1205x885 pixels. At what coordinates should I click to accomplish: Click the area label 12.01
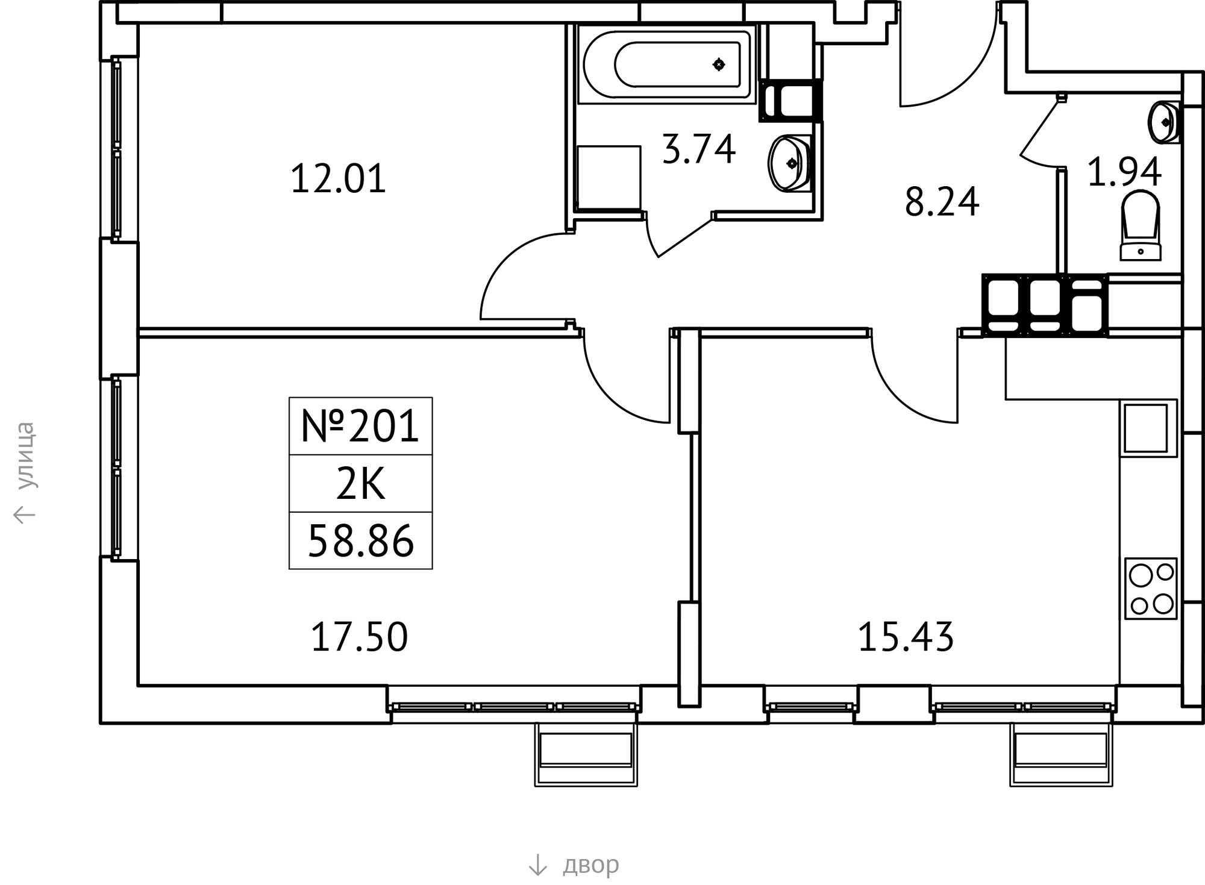click(338, 179)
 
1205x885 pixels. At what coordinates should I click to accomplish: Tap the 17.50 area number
click(359, 637)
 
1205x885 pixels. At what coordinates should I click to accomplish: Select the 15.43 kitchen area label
click(906, 637)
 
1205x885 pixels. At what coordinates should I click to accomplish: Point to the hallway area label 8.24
click(942, 202)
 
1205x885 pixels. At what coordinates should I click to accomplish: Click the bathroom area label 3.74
click(698, 149)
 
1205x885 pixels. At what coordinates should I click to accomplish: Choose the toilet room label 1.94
click(1124, 172)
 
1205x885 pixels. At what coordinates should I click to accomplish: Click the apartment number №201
click(360, 426)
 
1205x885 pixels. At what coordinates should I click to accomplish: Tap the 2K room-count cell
click(360, 484)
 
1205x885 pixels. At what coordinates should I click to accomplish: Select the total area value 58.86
click(361, 541)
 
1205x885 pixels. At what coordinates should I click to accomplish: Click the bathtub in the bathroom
click(666, 64)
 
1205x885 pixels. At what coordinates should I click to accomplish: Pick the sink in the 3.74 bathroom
click(790, 163)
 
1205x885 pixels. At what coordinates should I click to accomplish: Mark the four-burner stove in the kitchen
click(1151, 589)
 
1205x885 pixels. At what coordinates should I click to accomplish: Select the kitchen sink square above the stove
click(1148, 428)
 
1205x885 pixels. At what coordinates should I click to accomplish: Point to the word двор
click(590, 865)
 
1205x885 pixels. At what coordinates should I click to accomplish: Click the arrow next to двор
click(537, 865)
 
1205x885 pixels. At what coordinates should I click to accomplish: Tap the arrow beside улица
click(25, 514)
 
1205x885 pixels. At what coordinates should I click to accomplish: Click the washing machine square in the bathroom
click(609, 178)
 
